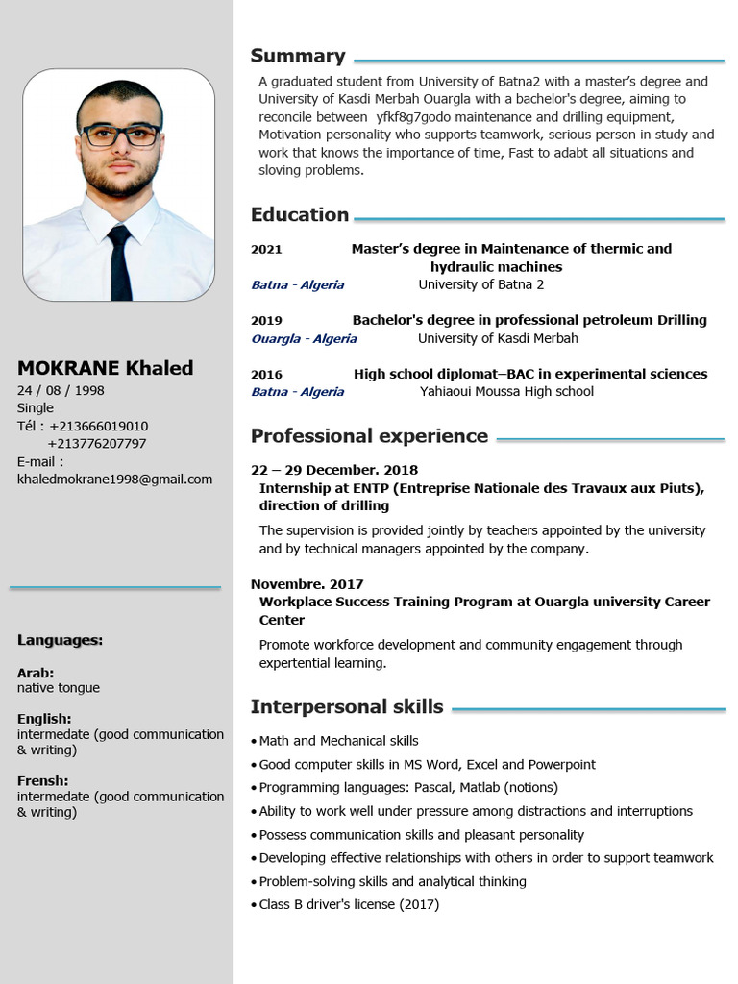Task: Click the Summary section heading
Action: click(x=298, y=56)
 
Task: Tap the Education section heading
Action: click(x=300, y=214)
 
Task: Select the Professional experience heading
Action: click(x=369, y=436)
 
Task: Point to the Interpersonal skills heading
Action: click(x=347, y=707)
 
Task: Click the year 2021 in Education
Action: click(x=266, y=249)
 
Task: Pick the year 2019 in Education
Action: click(x=266, y=320)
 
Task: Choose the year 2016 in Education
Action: click(x=266, y=374)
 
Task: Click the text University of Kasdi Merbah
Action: click(x=498, y=338)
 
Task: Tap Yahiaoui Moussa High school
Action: click(x=506, y=391)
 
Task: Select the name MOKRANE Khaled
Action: click(x=105, y=368)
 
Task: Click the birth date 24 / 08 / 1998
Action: click(x=61, y=390)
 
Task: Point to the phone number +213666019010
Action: click(x=99, y=426)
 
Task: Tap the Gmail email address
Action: click(x=114, y=479)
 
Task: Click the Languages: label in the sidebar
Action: click(x=60, y=640)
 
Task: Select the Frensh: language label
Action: click(x=42, y=781)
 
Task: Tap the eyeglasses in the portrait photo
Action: click(x=120, y=135)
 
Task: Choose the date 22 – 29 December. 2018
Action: click(x=334, y=470)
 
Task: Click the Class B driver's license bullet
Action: click(x=349, y=904)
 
